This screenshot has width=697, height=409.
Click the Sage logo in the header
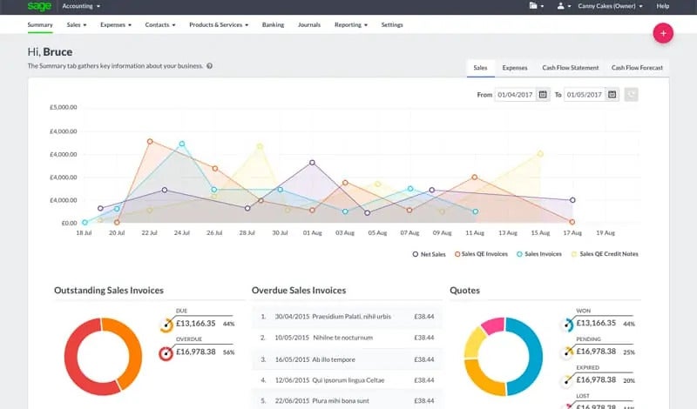(x=38, y=6)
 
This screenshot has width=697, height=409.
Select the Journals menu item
(x=309, y=25)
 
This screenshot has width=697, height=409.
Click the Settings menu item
(x=392, y=25)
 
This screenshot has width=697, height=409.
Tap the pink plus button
(x=664, y=33)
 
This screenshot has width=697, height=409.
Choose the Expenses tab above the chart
(x=514, y=67)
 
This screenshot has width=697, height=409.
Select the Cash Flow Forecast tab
(x=636, y=67)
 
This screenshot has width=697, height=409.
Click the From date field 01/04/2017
(x=516, y=94)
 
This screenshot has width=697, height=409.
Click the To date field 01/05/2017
(x=585, y=94)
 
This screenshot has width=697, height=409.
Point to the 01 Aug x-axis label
(x=312, y=233)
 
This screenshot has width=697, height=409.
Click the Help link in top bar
(x=662, y=6)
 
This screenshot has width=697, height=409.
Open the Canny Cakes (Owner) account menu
(x=609, y=6)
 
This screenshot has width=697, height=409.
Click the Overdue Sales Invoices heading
(x=298, y=291)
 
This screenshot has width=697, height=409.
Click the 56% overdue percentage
(x=229, y=353)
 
